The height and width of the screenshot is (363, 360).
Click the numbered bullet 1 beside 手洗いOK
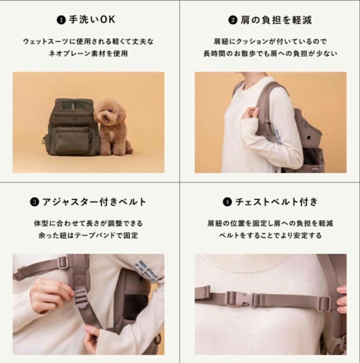click(61, 20)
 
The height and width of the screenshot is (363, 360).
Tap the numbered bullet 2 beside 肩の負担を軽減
click(233, 20)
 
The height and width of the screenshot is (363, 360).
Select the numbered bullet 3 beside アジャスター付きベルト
click(34, 202)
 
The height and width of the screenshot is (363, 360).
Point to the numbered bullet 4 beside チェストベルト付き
click(227, 202)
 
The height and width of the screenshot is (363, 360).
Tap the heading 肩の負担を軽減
click(276, 20)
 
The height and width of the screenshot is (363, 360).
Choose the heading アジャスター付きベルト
click(94, 202)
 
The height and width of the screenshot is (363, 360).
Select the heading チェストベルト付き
click(276, 202)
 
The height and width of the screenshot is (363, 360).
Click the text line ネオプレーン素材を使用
click(88, 53)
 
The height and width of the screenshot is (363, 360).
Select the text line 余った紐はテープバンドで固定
click(88, 235)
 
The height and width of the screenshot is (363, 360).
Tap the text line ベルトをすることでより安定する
click(270, 235)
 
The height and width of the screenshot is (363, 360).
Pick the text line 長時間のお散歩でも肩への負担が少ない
click(270, 53)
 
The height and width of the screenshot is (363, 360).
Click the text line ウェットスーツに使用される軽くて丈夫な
click(88, 42)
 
